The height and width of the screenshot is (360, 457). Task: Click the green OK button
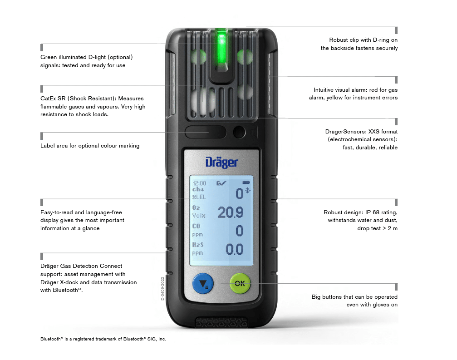point(240,283)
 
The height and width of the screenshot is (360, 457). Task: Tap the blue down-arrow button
point(203,284)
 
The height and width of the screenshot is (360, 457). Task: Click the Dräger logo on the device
point(221,163)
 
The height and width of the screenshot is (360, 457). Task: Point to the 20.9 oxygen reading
point(230,212)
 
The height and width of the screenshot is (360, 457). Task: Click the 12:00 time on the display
point(199,183)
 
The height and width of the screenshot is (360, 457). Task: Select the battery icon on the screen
point(246,182)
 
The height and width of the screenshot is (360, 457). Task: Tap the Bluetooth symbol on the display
point(248,190)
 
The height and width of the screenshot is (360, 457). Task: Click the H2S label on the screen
point(198,245)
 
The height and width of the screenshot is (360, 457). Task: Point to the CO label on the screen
point(196,226)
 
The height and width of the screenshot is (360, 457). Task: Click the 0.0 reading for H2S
point(234,250)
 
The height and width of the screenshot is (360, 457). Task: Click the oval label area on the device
point(206,132)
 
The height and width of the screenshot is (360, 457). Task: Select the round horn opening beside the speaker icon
point(239,133)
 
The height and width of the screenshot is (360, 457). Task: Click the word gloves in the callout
point(372,305)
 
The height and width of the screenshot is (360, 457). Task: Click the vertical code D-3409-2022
point(162,289)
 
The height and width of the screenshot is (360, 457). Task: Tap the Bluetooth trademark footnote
point(103,339)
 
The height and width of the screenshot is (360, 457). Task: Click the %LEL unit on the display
point(199,197)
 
